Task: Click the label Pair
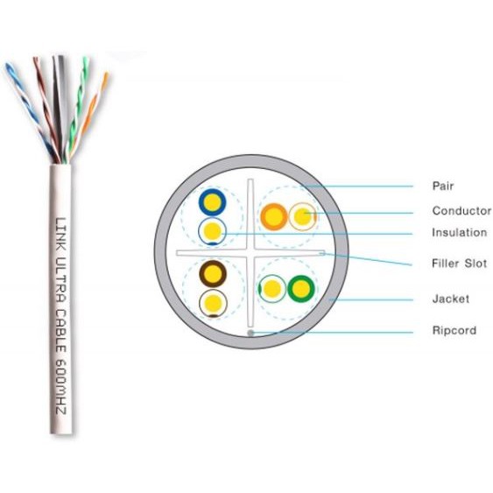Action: (x=443, y=186)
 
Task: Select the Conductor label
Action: (x=461, y=211)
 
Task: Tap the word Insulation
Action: (x=460, y=233)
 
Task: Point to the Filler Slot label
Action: (x=460, y=264)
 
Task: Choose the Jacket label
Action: (x=451, y=299)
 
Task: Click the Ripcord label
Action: (x=454, y=330)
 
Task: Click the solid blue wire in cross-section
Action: (x=212, y=202)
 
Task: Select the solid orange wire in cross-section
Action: (x=274, y=217)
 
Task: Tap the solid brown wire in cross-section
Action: (x=213, y=273)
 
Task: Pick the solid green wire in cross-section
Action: (x=301, y=289)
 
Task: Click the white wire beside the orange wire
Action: (x=302, y=216)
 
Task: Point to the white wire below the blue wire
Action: (x=212, y=231)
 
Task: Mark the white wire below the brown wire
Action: (x=213, y=303)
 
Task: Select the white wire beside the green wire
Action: (x=272, y=289)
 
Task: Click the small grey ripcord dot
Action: (x=250, y=333)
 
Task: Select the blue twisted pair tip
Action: (x=8, y=66)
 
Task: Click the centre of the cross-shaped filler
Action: (x=250, y=252)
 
